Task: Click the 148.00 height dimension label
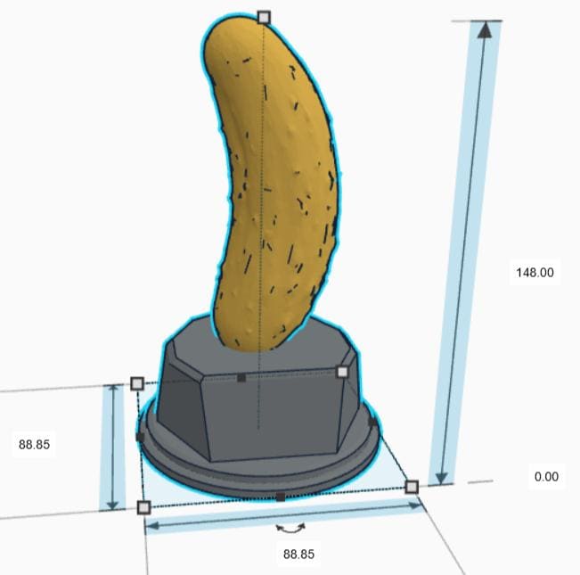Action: [535, 272]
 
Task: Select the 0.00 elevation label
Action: [546, 477]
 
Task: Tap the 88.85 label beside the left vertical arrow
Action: [34, 444]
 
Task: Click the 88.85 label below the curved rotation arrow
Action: [298, 554]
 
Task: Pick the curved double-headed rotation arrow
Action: [289, 529]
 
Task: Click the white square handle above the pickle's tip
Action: [263, 17]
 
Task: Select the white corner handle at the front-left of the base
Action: [143, 507]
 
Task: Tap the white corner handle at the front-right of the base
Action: [412, 486]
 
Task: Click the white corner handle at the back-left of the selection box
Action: [137, 383]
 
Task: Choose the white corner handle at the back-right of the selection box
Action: [342, 372]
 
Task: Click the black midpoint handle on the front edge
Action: [280, 497]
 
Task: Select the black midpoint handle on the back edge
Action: [241, 378]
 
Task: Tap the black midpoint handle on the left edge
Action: [140, 437]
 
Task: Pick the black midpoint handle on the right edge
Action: [372, 420]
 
